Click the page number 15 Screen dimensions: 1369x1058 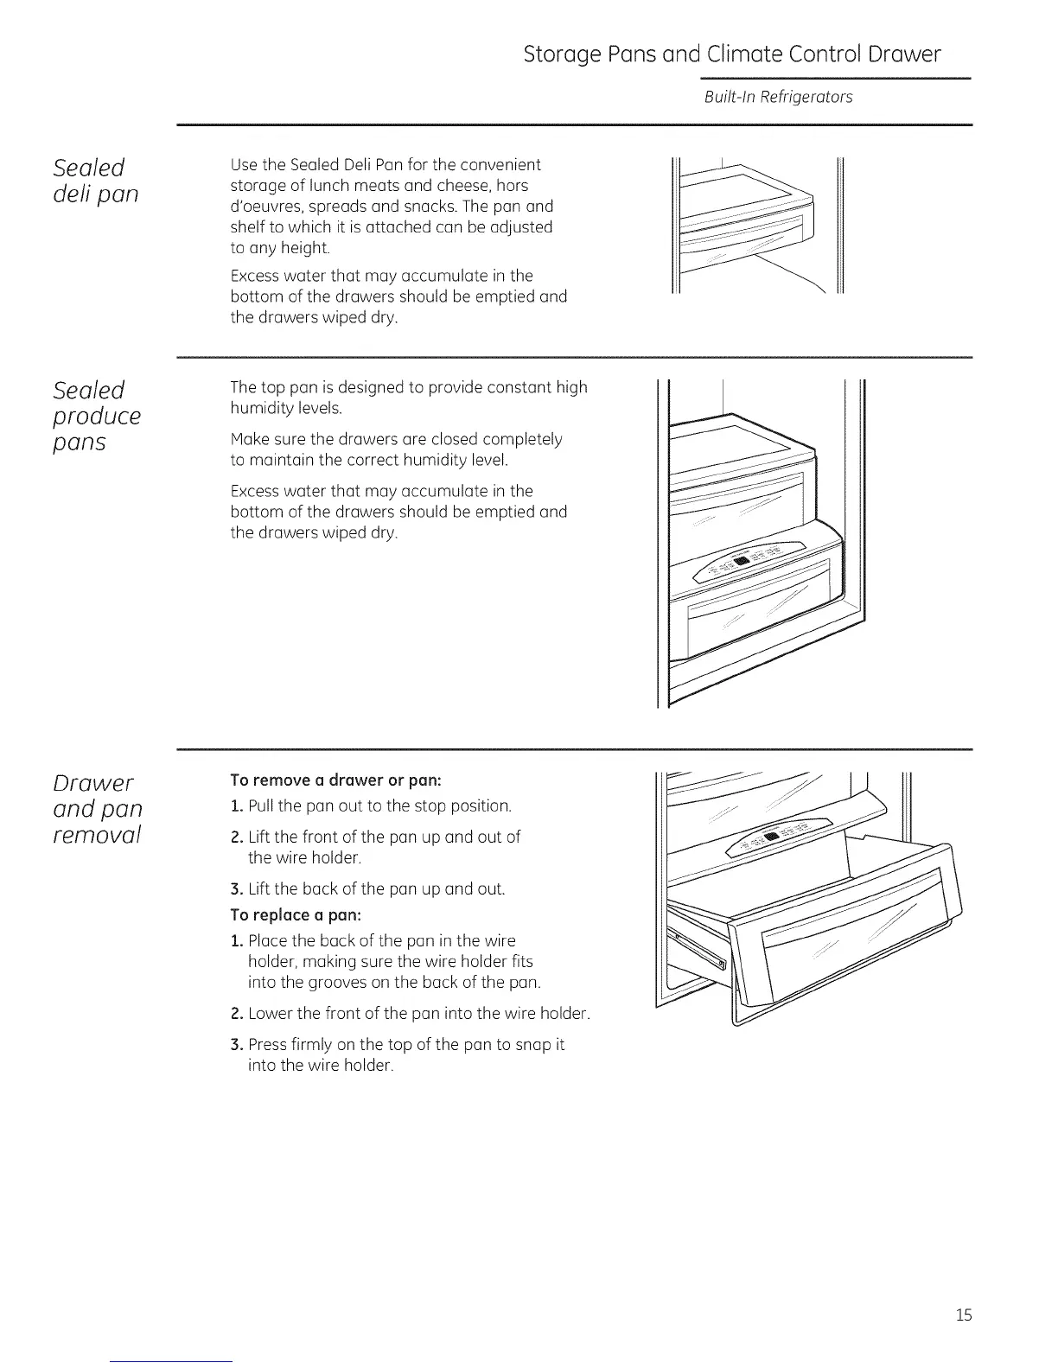click(x=964, y=1315)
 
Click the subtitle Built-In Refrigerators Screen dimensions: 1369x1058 click(x=778, y=97)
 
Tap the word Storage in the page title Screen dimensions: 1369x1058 click(x=563, y=55)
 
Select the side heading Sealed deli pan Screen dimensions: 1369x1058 click(x=94, y=180)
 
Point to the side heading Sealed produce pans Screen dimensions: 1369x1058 click(x=97, y=416)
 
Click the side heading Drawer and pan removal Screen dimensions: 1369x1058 click(x=97, y=809)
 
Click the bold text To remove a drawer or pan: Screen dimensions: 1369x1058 click(x=336, y=780)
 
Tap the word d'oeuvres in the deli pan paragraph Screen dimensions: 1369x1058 click(x=264, y=207)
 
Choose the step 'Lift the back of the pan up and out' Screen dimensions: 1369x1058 click(x=376, y=888)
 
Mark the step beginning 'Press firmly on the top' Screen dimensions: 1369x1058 click(x=405, y=1044)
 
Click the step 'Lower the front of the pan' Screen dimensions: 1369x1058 click(x=418, y=1013)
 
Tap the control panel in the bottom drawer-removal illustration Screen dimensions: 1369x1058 click(x=779, y=837)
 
